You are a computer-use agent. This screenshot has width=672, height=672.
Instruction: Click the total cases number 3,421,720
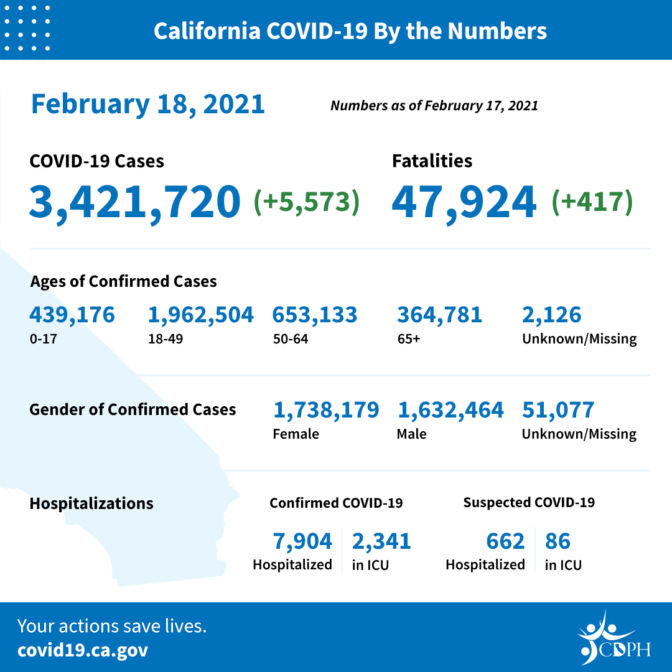coord(134,202)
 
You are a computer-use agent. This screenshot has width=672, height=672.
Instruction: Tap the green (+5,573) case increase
coord(307,202)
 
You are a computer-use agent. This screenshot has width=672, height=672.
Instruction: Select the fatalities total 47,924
coord(464,202)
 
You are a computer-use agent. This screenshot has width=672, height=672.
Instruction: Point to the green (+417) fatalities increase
coord(592,202)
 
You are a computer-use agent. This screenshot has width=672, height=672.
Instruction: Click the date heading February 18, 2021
coord(148,104)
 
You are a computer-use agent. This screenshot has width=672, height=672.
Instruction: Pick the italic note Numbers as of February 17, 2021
coord(434,106)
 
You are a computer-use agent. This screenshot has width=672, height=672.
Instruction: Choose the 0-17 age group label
coord(40,339)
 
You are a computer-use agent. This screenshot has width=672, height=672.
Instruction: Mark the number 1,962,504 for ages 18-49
coord(200,315)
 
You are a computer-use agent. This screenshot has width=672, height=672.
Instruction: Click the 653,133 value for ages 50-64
coord(314,315)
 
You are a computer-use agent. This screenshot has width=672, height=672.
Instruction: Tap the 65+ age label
coord(408,339)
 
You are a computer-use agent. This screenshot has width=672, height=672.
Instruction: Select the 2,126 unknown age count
coord(551,315)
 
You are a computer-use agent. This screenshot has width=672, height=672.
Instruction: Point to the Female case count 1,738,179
coord(326,410)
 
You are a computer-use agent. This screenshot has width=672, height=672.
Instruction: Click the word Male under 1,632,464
coord(411,434)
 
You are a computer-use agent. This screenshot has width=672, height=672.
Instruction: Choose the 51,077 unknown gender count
coord(558,410)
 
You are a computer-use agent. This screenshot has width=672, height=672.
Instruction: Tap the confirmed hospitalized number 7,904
coord(302,541)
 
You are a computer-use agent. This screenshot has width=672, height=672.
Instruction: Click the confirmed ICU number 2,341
coord(381,541)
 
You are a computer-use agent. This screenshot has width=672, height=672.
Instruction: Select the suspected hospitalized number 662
coord(505,541)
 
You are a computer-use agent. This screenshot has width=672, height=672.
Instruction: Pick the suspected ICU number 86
coord(558,541)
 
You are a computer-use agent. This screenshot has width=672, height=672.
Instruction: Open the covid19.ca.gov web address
coord(83,651)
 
